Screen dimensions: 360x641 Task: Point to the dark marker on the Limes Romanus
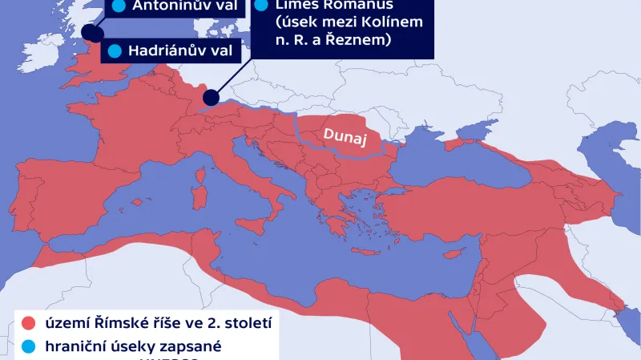pyautogui.click(x=212, y=97)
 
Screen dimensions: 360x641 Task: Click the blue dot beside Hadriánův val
pyautogui.click(x=114, y=51)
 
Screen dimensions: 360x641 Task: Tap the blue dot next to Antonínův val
pyautogui.click(x=119, y=6)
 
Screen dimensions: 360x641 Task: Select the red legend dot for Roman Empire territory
pyautogui.click(x=29, y=323)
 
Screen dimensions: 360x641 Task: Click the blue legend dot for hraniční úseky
pyautogui.click(x=29, y=349)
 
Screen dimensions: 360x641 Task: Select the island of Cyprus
pyautogui.click(x=457, y=251)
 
